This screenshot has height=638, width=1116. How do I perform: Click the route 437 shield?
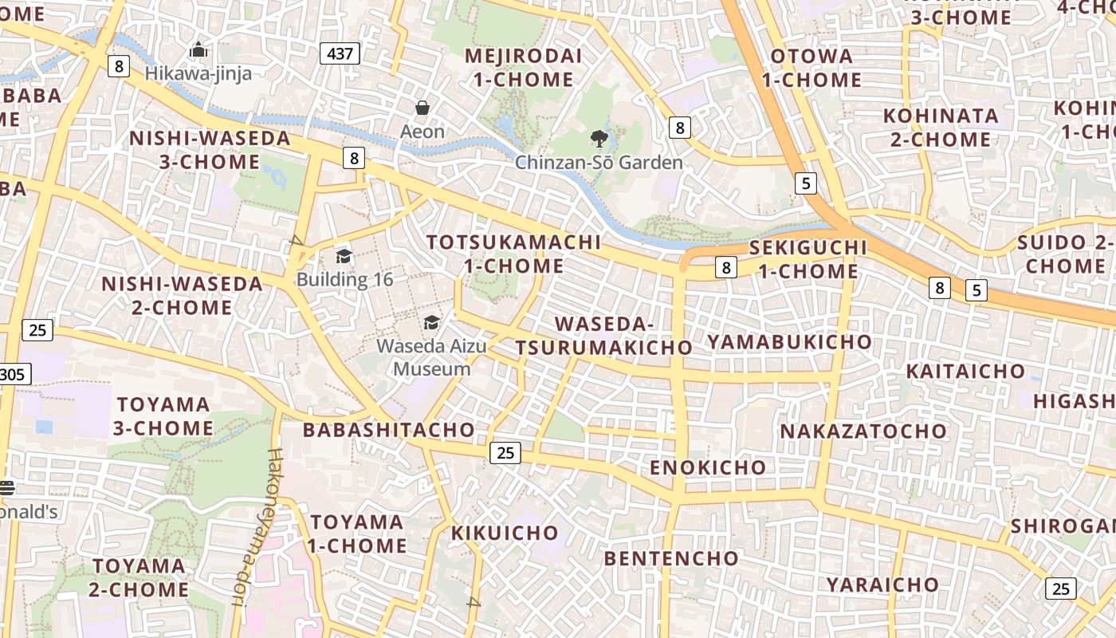point(340,53)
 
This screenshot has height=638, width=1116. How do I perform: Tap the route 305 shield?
point(14,374)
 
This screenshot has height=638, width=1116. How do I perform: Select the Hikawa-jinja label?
point(198,73)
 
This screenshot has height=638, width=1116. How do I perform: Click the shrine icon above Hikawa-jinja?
point(198,50)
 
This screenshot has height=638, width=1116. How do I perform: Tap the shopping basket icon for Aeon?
point(422,108)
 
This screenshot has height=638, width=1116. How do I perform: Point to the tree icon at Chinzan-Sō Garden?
point(599,140)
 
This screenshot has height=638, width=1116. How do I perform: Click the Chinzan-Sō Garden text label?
point(599,163)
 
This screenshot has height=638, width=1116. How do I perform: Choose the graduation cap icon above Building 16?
point(344,256)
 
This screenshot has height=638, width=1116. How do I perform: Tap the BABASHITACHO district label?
point(389,430)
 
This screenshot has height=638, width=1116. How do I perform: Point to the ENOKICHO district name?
point(708,467)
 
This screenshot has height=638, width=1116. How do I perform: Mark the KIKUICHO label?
point(505,533)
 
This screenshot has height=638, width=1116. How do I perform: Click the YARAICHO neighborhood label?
point(882,585)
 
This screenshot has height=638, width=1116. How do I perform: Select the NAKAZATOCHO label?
point(863,431)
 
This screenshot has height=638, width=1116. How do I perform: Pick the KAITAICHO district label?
point(965,371)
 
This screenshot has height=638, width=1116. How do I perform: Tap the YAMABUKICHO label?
point(789,342)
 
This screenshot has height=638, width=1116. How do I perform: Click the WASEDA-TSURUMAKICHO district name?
point(603,336)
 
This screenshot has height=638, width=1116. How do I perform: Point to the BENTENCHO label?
point(671,558)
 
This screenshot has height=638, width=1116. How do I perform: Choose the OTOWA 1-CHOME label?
point(811,68)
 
